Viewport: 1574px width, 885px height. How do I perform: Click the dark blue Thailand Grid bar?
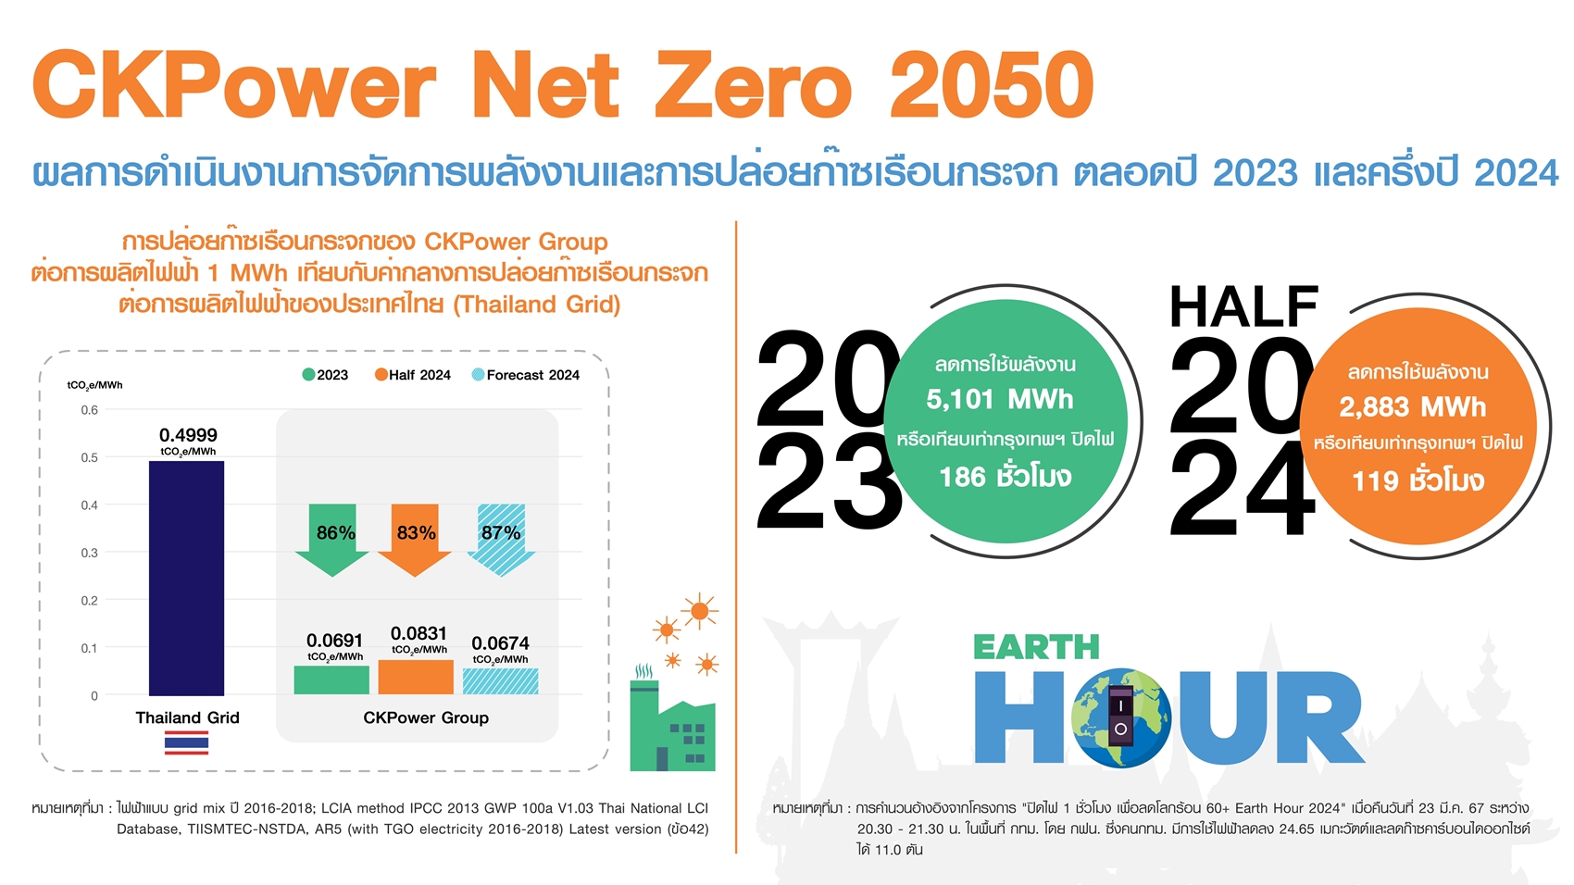pyautogui.click(x=186, y=578)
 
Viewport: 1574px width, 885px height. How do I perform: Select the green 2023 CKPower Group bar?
pyautogui.click(x=331, y=679)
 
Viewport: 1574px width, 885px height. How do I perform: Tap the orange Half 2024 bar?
pyautogui.click(x=416, y=677)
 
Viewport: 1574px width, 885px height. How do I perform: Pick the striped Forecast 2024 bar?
pyautogui.click(x=500, y=681)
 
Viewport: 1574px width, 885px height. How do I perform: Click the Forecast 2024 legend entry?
pyautogui.click(x=526, y=375)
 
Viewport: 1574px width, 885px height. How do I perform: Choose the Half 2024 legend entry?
pyautogui.click(x=412, y=375)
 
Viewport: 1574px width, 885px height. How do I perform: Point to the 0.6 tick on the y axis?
pyautogui.click(x=89, y=409)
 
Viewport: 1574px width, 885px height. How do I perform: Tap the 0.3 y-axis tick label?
pyautogui.click(x=89, y=553)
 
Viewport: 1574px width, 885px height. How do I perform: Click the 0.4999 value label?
pyautogui.click(x=188, y=435)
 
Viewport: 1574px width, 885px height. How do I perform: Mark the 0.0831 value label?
pyautogui.click(x=418, y=633)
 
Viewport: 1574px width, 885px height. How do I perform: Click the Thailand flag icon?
pyautogui.click(x=186, y=742)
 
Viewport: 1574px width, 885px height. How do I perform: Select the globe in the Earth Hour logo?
pyautogui.click(x=1120, y=717)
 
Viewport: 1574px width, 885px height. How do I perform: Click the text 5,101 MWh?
pyautogui.click(x=1000, y=400)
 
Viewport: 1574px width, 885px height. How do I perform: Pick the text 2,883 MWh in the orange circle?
pyautogui.click(x=1412, y=407)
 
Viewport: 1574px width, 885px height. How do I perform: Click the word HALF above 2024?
pyautogui.click(x=1243, y=306)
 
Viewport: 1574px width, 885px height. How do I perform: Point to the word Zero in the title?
pyautogui.click(x=754, y=86)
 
